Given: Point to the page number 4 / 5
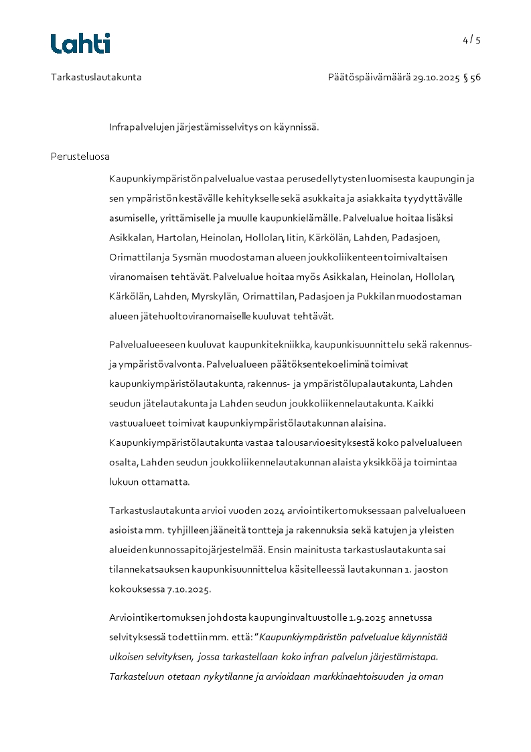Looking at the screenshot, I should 471,40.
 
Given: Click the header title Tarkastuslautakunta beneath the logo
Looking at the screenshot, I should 96,77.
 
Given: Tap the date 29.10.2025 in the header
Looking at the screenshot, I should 436,77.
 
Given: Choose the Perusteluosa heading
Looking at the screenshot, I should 80,157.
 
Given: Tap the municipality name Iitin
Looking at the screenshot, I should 295,238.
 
